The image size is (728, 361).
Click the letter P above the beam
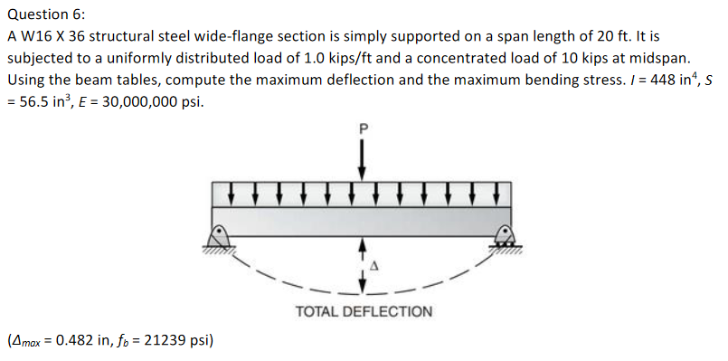pos(363,129)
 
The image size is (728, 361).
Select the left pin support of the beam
pos(218,237)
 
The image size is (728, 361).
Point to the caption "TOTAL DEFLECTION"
pos(364,311)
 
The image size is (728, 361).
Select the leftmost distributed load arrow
pos(232,193)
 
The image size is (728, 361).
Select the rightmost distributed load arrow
pos(496,193)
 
